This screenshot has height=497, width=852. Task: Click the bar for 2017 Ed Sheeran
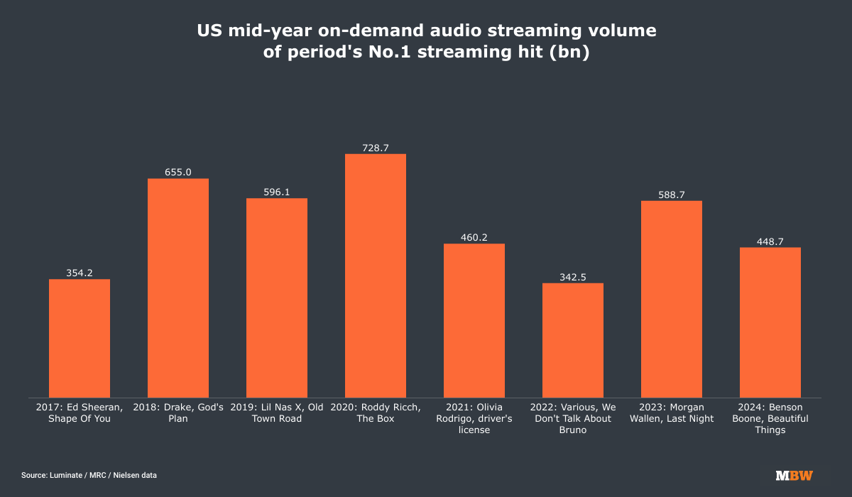click(80, 338)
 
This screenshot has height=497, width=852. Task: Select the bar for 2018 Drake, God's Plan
click(178, 288)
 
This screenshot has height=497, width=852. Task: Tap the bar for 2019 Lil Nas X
click(277, 297)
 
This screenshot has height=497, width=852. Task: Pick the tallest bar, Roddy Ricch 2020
click(376, 275)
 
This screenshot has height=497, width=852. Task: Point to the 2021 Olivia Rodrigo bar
click(474, 320)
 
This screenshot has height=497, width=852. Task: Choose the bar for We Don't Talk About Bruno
click(573, 340)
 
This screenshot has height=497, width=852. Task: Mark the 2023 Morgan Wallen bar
click(672, 299)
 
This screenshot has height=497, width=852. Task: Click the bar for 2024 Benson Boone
click(770, 322)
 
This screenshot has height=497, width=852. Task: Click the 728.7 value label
click(376, 148)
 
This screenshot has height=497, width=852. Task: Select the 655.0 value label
click(178, 172)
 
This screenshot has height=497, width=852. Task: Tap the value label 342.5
click(573, 277)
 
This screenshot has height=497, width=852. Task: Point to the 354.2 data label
click(80, 273)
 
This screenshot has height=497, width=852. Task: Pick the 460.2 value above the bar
click(474, 237)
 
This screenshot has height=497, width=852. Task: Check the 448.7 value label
click(770, 241)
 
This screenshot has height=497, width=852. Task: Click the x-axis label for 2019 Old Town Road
click(277, 413)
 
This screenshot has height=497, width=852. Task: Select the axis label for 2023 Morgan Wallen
click(672, 413)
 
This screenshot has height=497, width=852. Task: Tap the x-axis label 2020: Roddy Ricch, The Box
click(376, 413)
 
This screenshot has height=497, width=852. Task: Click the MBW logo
click(794, 475)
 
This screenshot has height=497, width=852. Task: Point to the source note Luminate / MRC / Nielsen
click(89, 475)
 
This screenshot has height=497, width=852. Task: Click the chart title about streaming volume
click(426, 42)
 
